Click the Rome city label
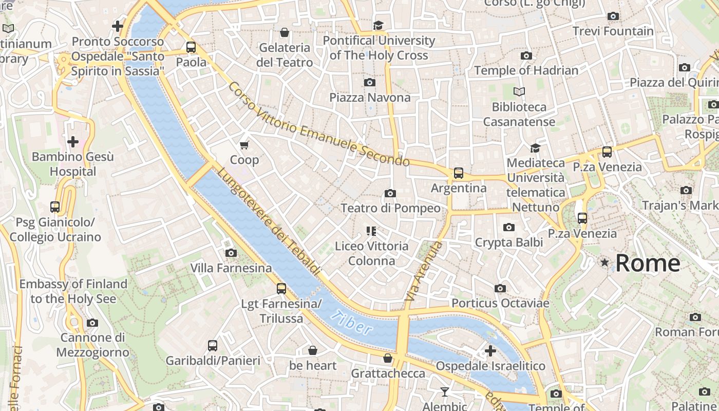coord(647,263)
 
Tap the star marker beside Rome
coord(604,263)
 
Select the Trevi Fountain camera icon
coord(613,16)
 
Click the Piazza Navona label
coord(370,97)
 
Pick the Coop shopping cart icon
coord(244,145)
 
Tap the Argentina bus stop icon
coord(458,173)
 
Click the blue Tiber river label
coord(352,323)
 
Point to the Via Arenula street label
coord(424,271)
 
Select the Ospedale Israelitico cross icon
coord(490,351)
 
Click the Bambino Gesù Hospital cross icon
coord(73,141)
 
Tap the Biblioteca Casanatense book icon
coord(519,92)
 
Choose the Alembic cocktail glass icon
coord(445,392)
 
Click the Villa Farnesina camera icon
coord(231,253)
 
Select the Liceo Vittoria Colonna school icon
coord(371,231)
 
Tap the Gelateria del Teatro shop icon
coord(285,33)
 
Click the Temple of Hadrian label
coord(526,70)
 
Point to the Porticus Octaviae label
coord(500,303)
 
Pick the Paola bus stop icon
coord(191,47)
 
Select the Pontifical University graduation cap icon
coord(379,25)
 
